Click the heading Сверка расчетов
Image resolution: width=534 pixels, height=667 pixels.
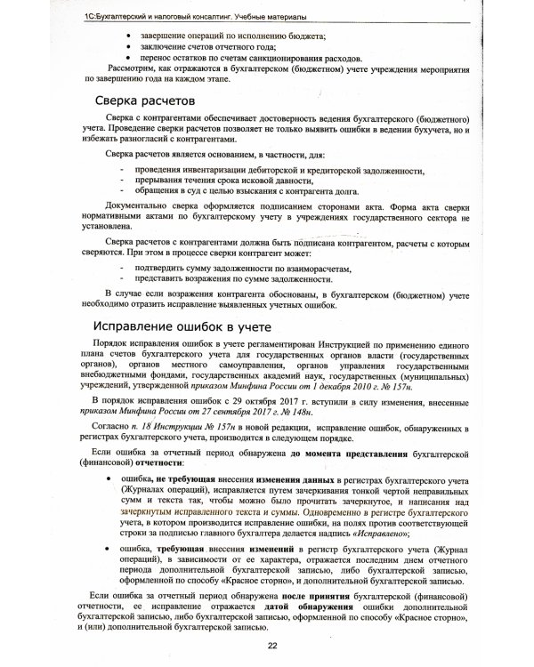pos(150,100)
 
